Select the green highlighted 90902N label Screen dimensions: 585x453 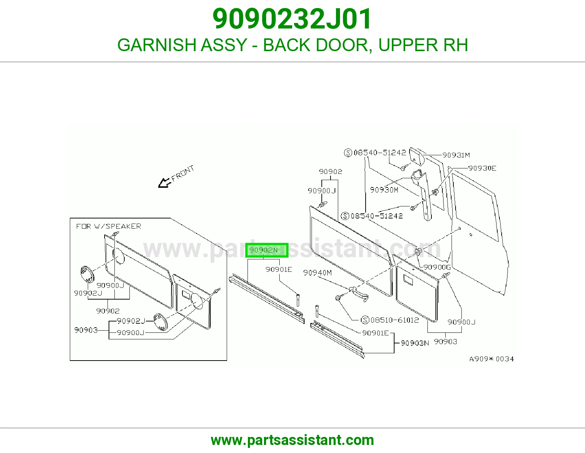point(267,250)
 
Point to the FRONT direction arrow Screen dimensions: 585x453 point(165,183)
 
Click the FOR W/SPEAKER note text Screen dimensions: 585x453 point(109,226)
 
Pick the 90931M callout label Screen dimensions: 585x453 point(456,155)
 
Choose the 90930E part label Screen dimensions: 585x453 point(482,168)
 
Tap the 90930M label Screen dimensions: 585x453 point(384,190)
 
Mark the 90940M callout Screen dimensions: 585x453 point(317,273)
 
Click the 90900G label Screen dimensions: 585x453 point(437,267)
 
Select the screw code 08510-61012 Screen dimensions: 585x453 point(395,320)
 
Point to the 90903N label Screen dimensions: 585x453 point(415,343)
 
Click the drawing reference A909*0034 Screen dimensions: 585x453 point(492,359)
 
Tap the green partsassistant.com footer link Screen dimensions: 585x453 point(292,440)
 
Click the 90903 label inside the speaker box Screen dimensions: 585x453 point(86,330)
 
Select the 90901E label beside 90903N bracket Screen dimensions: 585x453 point(375,333)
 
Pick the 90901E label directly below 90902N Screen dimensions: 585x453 point(279,269)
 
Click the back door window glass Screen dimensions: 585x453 point(475,207)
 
